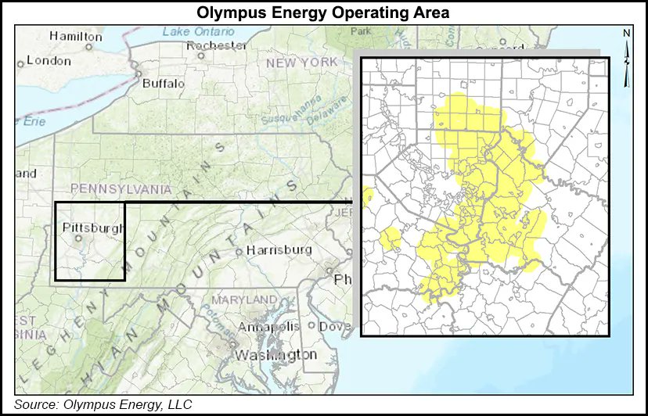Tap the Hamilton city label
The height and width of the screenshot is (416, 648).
(75, 36)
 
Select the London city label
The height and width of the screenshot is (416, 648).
(49, 60)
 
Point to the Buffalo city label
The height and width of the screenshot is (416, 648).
(163, 82)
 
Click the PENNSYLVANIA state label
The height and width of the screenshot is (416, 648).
(120, 188)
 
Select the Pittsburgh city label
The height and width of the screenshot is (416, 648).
(92, 228)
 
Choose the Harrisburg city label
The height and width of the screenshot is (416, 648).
(279, 250)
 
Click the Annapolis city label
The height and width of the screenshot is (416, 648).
(268, 326)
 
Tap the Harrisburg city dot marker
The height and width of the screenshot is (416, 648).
(239, 252)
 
